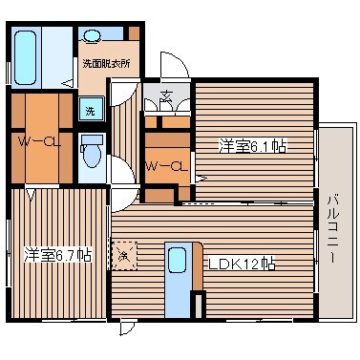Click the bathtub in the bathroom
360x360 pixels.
pos(25,57)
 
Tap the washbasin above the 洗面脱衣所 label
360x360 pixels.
pos(92,35)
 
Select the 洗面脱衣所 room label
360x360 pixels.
pos(106,64)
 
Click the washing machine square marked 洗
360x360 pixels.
pos(92,109)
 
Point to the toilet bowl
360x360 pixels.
pos(93,152)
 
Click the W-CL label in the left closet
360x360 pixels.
pos(39,141)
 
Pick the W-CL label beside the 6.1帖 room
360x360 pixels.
pos(166,165)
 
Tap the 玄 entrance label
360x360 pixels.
pos(166,95)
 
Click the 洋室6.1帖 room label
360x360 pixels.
pos(252,146)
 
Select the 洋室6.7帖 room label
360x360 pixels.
pos(58,255)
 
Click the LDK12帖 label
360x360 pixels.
pos(242,264)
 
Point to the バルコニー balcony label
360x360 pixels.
pos(332,230)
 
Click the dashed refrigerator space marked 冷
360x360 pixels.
pos(124,256)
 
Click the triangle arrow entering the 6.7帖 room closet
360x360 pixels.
pos(31,195)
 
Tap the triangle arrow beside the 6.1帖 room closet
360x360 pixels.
pos(201,179)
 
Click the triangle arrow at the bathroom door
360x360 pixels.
pos(69,83)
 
